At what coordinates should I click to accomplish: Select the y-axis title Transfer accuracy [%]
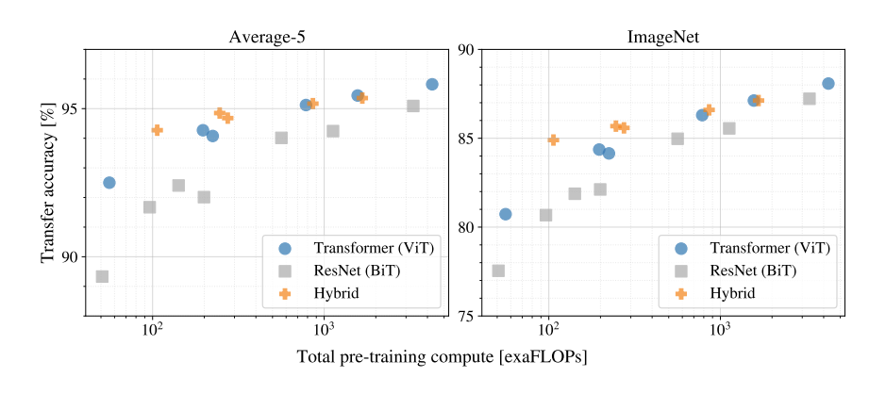[x=48, y=182]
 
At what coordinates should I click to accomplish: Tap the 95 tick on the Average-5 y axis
[x=71, y=108]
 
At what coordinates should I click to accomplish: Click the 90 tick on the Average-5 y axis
[x=71, y=256]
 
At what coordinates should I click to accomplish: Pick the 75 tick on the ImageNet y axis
[x=466, y=316]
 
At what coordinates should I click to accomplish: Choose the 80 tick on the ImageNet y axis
[x=466, y=227]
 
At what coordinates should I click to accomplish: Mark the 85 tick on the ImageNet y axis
[x=466, y=139]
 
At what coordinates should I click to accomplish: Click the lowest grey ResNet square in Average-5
[x=102, y=276]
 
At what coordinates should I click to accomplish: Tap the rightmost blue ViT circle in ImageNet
[x=828, y=83]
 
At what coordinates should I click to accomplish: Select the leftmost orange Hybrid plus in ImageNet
[x=553, y=140]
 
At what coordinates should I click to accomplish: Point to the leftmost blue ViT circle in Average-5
[x=109, y=182]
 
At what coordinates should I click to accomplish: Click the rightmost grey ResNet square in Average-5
[x=413, y=106]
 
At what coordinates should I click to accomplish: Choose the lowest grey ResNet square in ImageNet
[x=498, y=271]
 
